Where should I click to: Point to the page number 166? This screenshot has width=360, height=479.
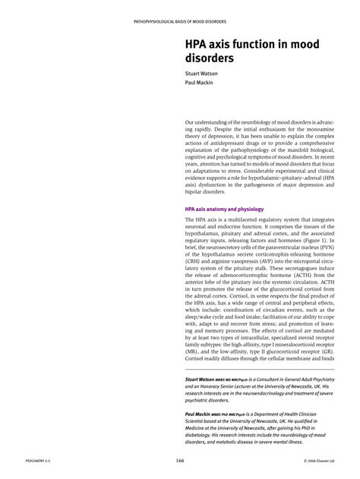point(180,462)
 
